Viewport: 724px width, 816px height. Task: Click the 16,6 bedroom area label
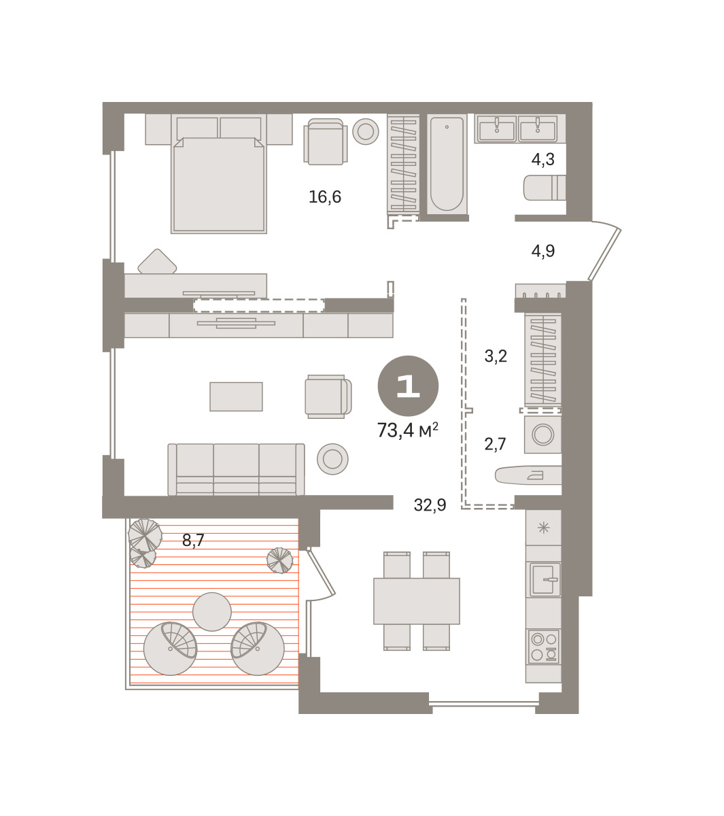(324, 197)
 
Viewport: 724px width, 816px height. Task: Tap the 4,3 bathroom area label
(542, 160)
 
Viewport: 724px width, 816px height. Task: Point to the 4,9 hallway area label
(542, 251)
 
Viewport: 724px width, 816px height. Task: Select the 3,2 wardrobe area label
(496, 356)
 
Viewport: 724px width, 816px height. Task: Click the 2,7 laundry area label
(495, 444)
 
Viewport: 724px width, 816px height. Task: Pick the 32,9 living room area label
(430, 505)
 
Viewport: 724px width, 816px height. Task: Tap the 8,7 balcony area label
(193, 540)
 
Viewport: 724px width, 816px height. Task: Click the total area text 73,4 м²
(407, 430)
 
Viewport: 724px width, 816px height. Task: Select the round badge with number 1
(408, 386)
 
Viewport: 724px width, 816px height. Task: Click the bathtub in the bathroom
(447, 164)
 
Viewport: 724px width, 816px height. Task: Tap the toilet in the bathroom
(545, 188)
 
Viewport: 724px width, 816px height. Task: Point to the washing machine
(542, 435)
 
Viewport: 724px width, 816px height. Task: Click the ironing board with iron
(528, 475)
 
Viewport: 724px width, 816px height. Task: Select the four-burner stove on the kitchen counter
(544, 647)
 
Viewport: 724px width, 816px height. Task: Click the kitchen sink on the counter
(544, 579)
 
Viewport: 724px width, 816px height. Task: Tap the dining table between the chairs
(416, 601)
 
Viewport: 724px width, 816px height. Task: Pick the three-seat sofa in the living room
(236, 469)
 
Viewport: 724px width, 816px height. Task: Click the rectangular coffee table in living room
(236, 396)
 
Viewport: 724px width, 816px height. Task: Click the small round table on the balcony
(212, 611)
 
